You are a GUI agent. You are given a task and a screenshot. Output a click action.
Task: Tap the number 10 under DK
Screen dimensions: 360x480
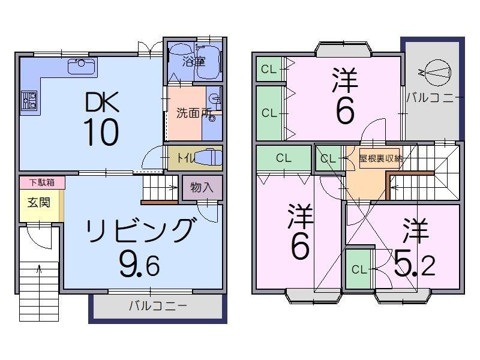pos(100,133)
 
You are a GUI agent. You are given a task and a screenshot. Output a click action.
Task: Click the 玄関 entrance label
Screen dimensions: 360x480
pos(38,202)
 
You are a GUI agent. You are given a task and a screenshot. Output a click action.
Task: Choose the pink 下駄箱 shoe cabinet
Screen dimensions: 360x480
pos(41,182)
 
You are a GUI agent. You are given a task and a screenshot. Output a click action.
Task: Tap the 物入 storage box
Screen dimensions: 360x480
pos(202,187)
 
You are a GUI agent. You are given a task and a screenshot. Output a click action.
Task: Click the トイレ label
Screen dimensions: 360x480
pos(185,158)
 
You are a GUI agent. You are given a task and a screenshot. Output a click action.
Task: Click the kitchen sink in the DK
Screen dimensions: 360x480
pos(82,65)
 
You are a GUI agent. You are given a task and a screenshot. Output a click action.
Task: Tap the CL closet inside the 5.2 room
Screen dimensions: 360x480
pos(359,269)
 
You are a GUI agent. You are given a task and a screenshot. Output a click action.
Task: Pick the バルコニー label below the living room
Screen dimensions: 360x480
pos(158,305)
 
